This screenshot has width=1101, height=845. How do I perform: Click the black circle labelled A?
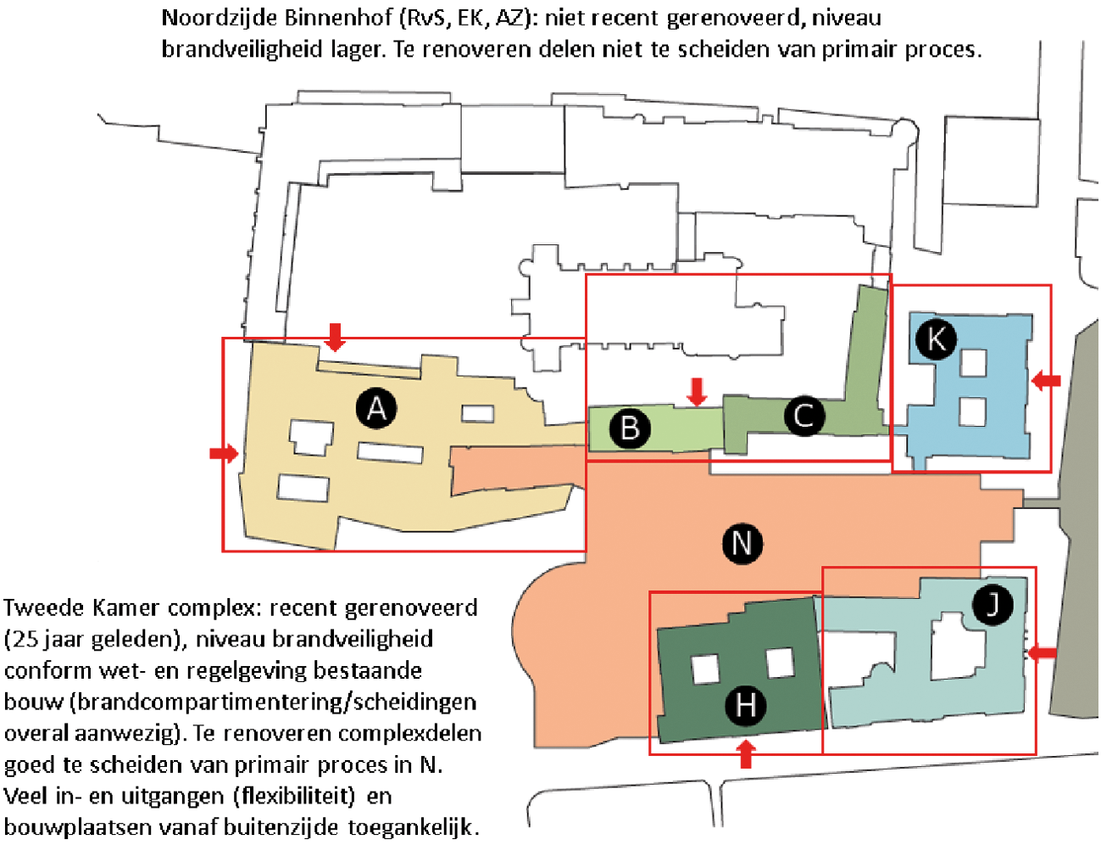(x=376, y=408)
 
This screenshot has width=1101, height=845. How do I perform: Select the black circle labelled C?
(x=804, y=416)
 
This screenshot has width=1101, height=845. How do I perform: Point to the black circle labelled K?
(x=936, y=339)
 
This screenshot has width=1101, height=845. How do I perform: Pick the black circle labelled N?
(x=742, y=543)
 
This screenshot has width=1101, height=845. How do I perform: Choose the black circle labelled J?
(x=993, y=604)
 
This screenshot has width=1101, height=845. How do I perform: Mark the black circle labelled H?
(x=745, y=705)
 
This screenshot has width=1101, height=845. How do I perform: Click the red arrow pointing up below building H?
(x=745, y=754)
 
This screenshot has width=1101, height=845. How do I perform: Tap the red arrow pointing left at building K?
(x=1046, y=380)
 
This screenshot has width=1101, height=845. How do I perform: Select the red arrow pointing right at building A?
(x=224, y=453)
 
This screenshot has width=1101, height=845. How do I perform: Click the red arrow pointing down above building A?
(x=335, y=337)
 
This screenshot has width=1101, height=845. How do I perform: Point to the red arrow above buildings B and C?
(x=698, y=392)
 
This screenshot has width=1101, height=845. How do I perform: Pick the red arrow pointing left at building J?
(x=1043, y=652)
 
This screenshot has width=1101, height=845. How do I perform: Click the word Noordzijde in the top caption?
(x=220, y=19)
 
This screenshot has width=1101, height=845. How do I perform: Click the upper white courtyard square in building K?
(x=973, y=363)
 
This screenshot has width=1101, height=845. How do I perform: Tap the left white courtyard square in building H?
(x=705, y=669)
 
